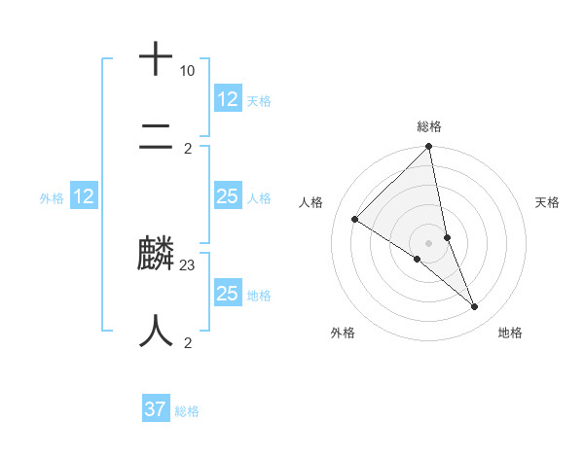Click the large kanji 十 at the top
pos(156,58)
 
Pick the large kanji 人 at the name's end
pos(156,332)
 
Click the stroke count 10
pos(187,71)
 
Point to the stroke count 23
pos(188,264)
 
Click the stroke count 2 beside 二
pos(188,148)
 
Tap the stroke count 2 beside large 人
pos(188,342)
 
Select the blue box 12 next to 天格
pos(228,99)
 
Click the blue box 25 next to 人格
pos(228,196)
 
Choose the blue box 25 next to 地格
pos(228,294)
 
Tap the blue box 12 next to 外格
pos(84,196)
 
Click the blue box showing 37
pos(156,409)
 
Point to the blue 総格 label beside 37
pos(187,411)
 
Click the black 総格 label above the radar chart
pos(429,126)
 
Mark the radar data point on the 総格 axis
pos(429,147)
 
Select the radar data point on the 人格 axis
pos(355,220)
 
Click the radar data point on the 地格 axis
pos(475,306)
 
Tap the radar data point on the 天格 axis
pos(447,237)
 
